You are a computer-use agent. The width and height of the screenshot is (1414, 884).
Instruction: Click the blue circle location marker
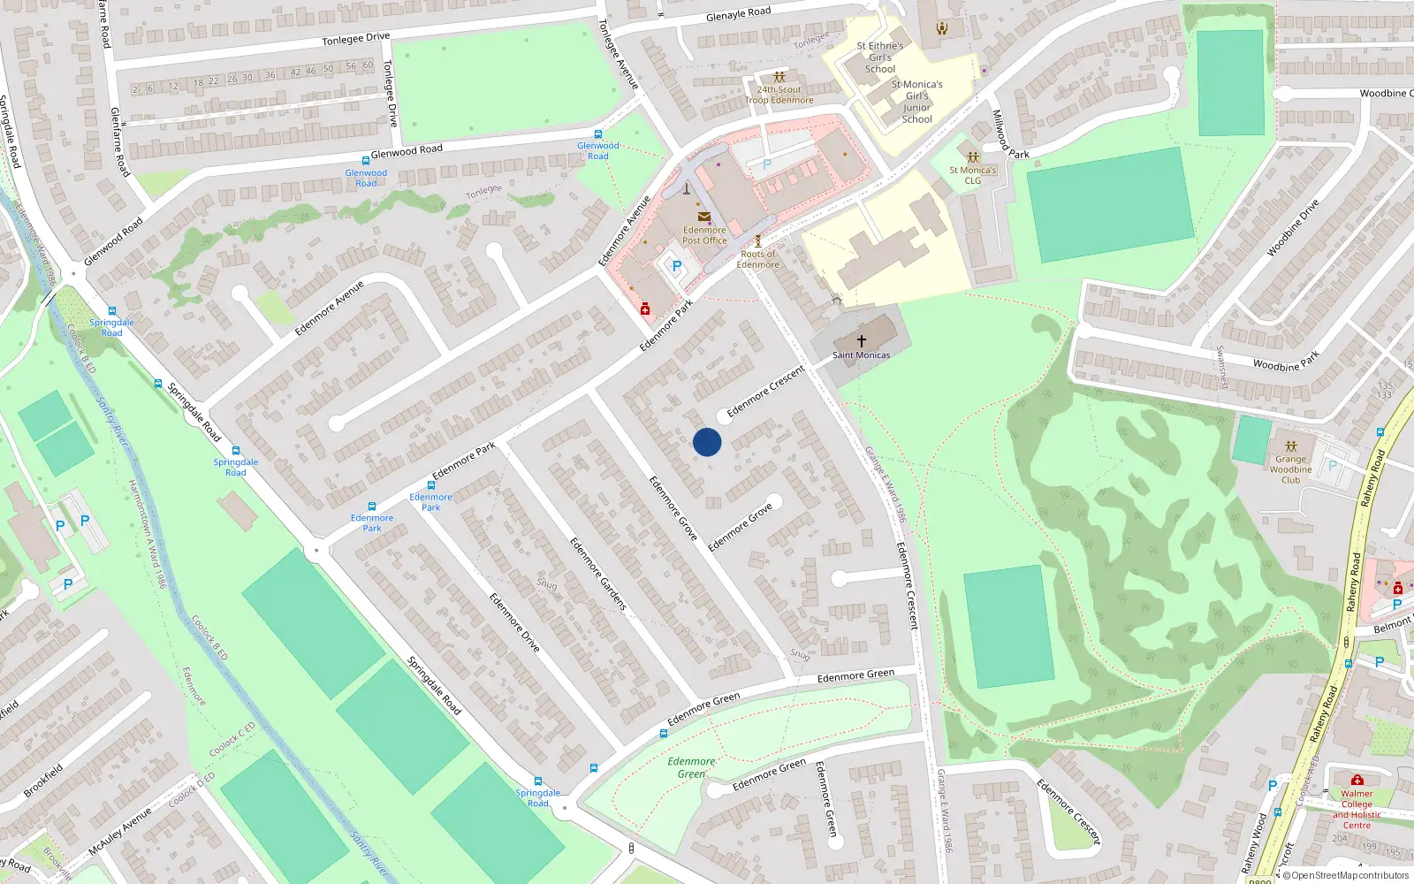707,442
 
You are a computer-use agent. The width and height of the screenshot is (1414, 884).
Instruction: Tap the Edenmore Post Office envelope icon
704,217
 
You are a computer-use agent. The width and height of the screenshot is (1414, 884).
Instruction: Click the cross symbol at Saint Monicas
862,340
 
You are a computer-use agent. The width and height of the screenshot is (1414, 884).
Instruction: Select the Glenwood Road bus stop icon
366,161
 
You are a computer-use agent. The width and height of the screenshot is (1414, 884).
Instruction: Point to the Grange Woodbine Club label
1290,469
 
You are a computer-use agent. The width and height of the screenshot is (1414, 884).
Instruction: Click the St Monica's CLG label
972,175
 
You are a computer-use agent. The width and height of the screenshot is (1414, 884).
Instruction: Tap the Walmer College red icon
1357,780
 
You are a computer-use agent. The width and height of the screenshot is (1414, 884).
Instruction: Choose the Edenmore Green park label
691,767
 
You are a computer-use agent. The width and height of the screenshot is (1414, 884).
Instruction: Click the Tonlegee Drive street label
355,38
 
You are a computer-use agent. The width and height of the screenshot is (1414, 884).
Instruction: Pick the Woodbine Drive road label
1292,228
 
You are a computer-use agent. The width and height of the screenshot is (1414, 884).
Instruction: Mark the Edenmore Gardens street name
598,574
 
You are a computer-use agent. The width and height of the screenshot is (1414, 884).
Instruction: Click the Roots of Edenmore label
758,259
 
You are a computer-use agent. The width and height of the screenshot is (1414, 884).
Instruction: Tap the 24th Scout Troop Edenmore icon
779,78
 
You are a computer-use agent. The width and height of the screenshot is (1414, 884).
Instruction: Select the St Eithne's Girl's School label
880,57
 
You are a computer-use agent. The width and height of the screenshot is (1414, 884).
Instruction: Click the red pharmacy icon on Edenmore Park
645,309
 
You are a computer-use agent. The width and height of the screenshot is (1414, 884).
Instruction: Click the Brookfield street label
43,781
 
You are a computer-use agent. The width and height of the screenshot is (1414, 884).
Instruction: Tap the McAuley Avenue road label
120,832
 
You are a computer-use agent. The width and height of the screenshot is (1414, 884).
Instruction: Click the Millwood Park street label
1009,135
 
